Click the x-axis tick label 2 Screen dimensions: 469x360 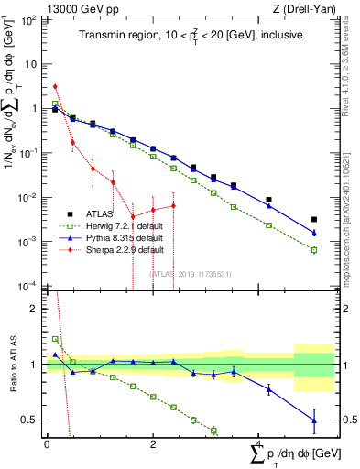point(153,443)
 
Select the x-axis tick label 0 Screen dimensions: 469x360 point(47,443)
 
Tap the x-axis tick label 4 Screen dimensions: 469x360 point(259,443)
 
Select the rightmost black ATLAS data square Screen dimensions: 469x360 point(314,220)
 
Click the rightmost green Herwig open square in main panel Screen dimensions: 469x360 point(314,250)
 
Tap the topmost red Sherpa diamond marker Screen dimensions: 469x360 point(56,86)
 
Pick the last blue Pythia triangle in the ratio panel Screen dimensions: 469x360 point(314,420)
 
